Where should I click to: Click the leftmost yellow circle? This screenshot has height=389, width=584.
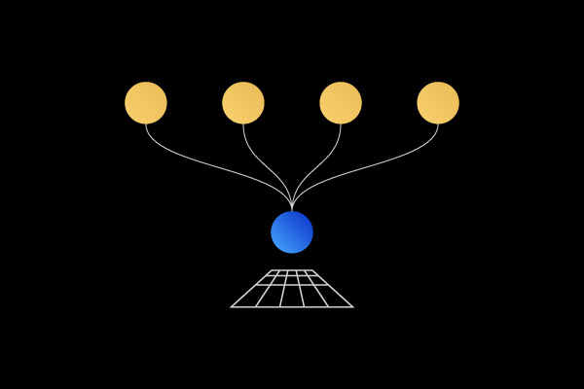(x=146, y=103)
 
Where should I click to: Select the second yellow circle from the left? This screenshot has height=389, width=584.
(x=243, y=103)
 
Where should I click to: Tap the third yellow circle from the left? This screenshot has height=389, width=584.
(x=341, y=103)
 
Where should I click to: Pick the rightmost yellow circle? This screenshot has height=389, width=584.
(x=438, y=103)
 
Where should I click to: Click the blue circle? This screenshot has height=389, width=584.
(x=292, y=232)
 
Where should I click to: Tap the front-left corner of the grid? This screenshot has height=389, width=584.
(x=231, y=307)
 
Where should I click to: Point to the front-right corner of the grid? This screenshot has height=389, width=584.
(x=353, y=307)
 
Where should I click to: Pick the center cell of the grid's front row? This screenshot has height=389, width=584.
(x=292, y=296)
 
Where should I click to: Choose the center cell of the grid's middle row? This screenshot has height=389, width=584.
(x=292, y=280)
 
